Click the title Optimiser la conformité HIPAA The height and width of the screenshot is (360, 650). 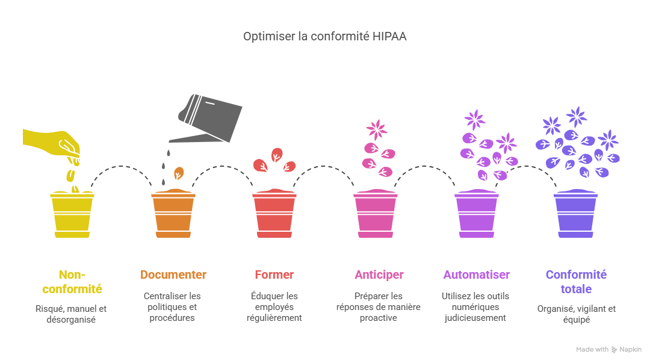pos(324,37)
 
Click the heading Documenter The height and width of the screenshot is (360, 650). pos(173,275)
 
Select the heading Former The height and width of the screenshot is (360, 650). pos(274,275)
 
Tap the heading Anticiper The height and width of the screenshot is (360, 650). pos(379,275)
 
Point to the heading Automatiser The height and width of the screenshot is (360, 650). pos(476,275)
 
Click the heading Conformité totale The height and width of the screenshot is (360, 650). pos(576,282)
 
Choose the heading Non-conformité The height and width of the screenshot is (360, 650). pos(72,282)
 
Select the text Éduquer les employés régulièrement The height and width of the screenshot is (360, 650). pos(274,306)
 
